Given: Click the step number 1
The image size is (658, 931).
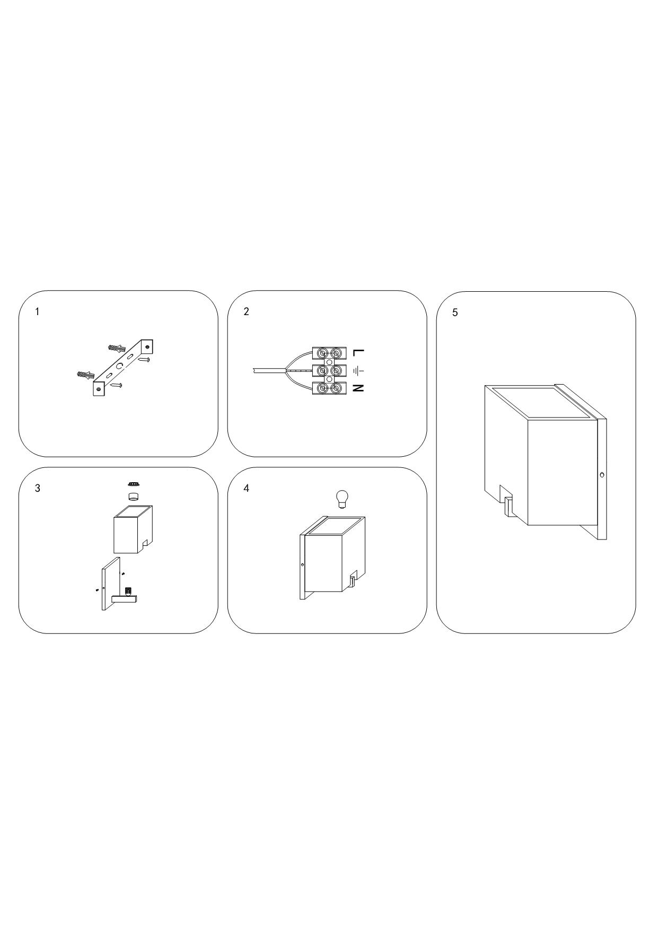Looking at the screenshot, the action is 37,311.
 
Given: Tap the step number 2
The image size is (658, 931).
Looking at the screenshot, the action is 246,311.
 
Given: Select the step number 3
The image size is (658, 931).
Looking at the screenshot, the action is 37,488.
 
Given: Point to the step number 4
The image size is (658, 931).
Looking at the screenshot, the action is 246,488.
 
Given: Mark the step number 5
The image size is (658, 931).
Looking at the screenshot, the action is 455,312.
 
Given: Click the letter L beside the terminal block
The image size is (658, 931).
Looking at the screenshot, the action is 358,352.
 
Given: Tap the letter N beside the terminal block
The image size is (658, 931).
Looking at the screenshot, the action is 358,388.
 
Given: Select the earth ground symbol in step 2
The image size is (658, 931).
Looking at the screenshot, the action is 358,370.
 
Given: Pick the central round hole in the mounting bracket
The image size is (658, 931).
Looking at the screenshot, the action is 120,366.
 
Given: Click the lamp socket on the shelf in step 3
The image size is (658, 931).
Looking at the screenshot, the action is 128,591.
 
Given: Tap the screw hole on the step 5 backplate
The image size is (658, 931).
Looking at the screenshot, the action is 602,475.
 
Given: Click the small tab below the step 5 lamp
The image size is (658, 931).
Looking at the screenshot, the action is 508,507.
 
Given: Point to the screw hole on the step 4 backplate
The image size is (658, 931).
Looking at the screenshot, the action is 302,565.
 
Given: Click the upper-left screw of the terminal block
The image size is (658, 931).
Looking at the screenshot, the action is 322,352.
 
